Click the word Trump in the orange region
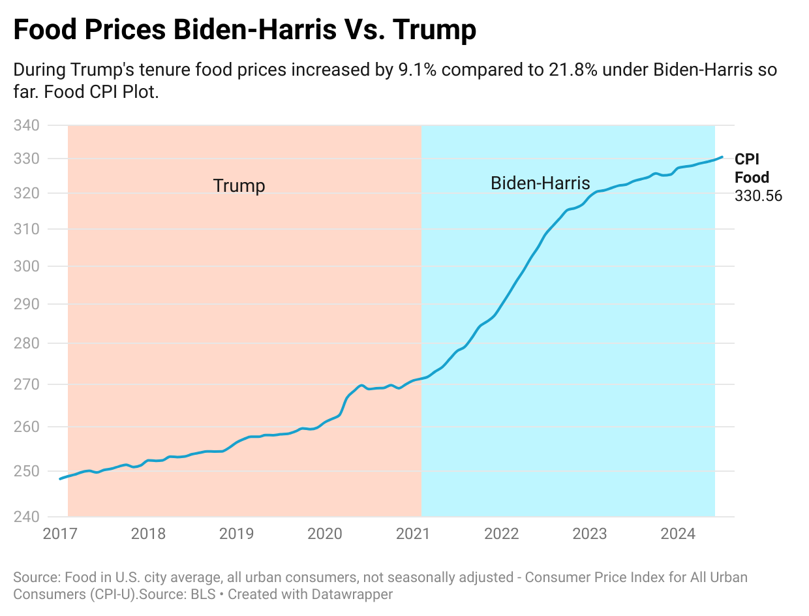tap(239, 186)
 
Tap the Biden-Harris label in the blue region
tap(540, 183)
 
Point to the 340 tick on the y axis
tap(27, 125)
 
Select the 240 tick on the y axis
tap(27, 517)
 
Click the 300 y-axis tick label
tap(27, 266)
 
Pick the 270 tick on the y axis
tap(27, 384)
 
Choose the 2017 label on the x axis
tap(59, 534)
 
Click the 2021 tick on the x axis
tap(412, 534)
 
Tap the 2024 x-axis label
tap(677, 534)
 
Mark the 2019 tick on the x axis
tap(236, 534)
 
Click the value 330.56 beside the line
tap(758, 196)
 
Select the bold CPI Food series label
tap(751, 168)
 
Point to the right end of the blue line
tap(722, 157)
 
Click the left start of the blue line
tap(60, 479)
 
